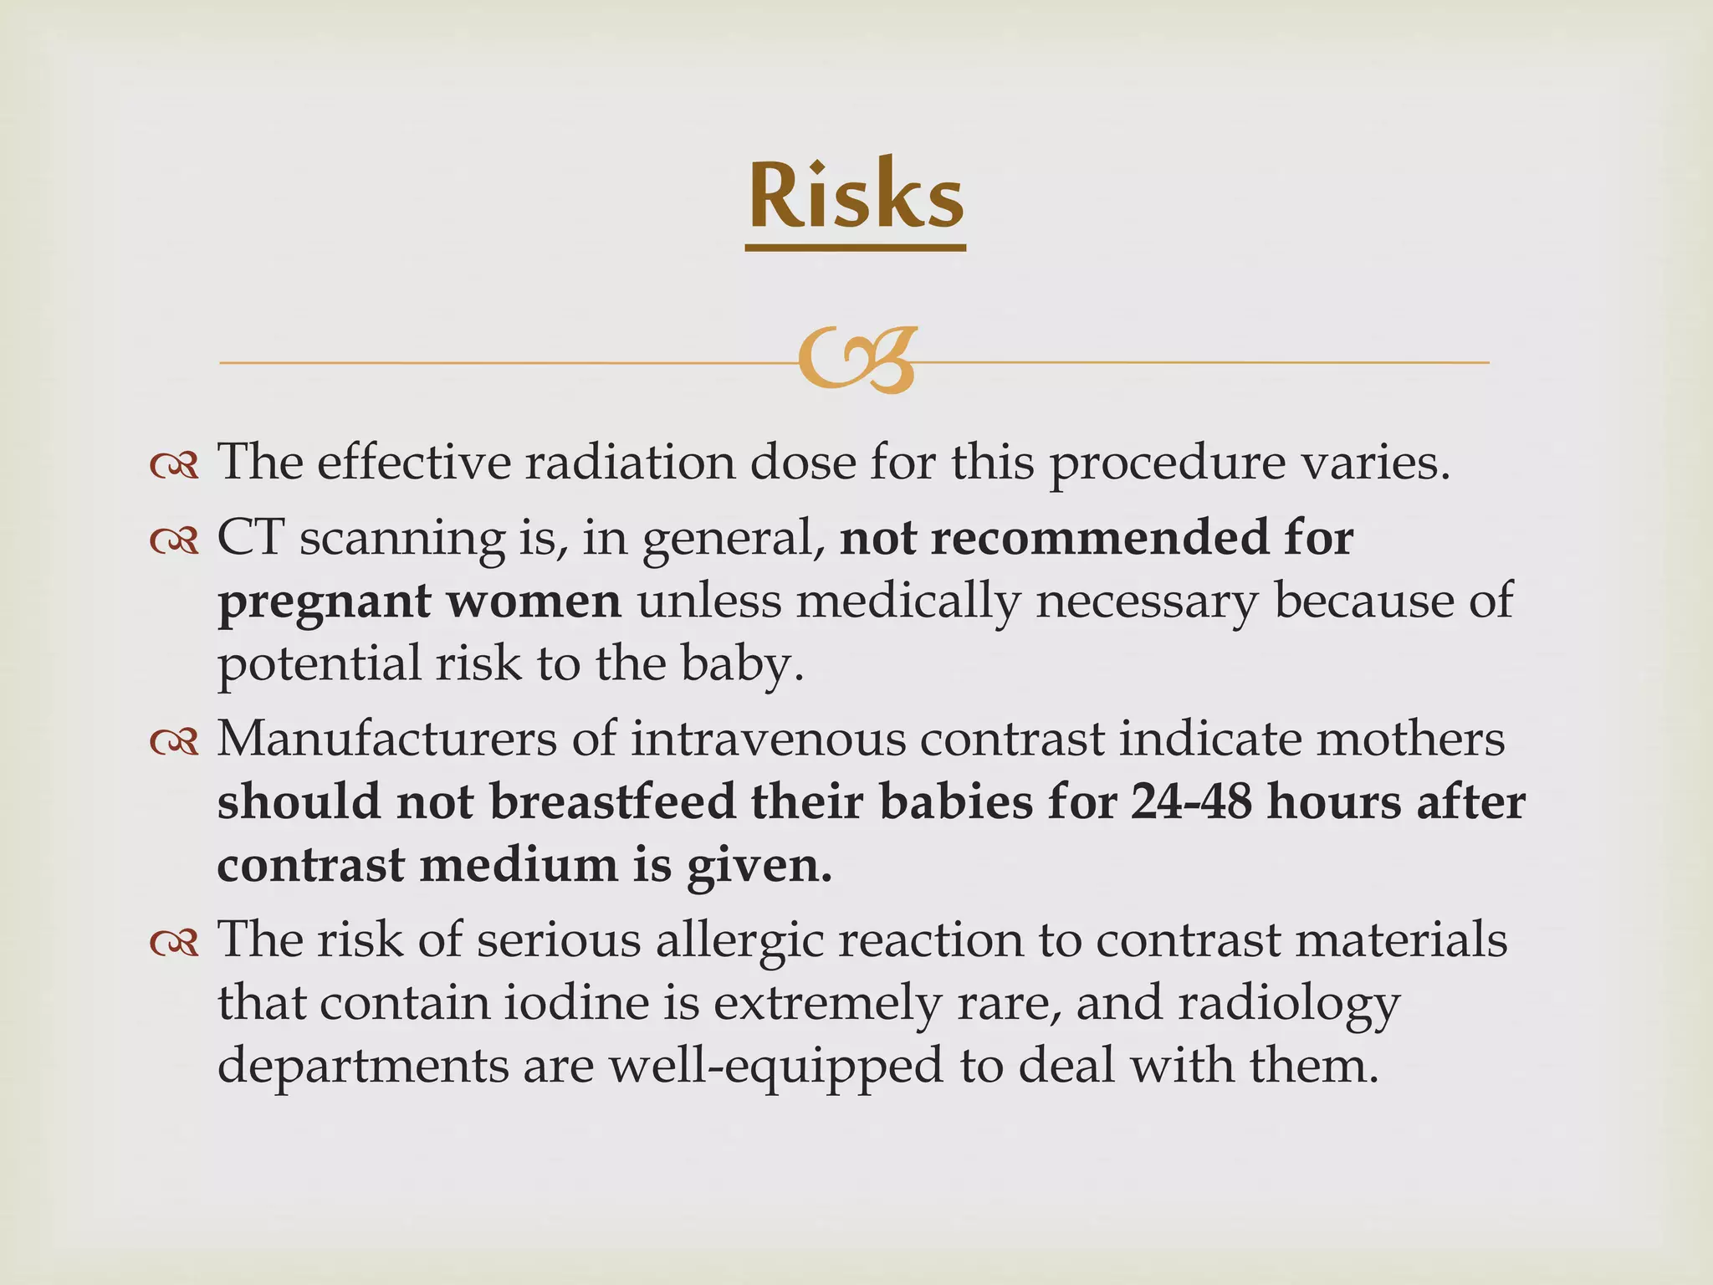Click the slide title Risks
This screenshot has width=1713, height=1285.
(x=855, y=196)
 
